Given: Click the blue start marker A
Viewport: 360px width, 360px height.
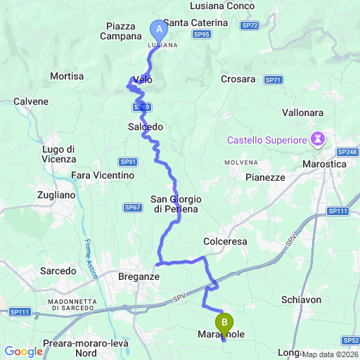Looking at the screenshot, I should pos(158,30).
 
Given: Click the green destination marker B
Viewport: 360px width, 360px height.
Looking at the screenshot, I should pos(224,323).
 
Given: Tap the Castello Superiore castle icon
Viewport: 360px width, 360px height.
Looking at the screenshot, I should pos(319,139).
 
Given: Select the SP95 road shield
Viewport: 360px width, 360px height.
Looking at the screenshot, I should pos(201,34).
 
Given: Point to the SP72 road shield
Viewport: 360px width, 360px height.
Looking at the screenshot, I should pos(250,25).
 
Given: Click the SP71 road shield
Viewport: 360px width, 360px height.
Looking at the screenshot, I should pos(274,80).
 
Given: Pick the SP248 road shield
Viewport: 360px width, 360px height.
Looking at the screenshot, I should pos(347,152).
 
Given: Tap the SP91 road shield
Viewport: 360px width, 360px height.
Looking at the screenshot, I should pos(127,161).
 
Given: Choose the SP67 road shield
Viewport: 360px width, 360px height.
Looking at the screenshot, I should pos(132,207).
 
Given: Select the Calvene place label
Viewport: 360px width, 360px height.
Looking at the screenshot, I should pos(30,101).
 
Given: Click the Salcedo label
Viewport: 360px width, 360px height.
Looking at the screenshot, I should pos(146,127).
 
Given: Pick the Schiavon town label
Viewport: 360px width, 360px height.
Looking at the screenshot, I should pos(301,300).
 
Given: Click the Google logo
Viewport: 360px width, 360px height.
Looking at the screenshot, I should pos(23,351).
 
